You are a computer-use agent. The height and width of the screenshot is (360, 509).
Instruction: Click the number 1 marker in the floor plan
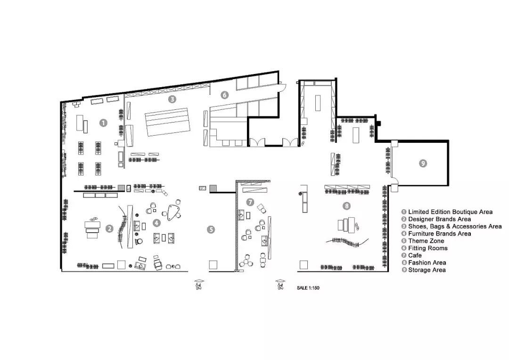pos(103,123)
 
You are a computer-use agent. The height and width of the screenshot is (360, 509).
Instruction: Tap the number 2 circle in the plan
pos(110,229)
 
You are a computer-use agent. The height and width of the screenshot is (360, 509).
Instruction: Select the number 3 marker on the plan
pos(172,99)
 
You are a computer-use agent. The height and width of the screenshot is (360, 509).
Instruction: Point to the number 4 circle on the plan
pos(157,223)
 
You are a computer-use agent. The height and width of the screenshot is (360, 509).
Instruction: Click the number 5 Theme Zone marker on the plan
pos(211,230)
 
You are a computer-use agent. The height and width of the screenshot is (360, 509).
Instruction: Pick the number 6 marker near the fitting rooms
pos(224,95)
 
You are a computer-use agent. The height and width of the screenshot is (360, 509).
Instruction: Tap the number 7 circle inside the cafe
pos(250,202)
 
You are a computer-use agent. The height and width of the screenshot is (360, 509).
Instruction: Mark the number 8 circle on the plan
pos(347,206)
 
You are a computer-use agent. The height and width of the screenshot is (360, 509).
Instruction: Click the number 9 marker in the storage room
pos(423,164)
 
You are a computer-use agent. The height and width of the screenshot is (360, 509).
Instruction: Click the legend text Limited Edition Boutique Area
pos(450,212)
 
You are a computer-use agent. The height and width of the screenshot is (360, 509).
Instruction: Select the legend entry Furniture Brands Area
pos(440,234)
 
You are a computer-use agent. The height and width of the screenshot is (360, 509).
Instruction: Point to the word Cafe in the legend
pos(415,255)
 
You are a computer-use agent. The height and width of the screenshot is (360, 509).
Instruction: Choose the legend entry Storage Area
pos(427,270)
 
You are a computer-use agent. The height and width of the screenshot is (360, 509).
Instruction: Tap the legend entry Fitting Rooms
pos(428,248)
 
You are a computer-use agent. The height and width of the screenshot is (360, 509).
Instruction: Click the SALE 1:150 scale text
pos(308,288)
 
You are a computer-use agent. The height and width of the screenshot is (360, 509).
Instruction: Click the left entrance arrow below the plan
pos(199,281)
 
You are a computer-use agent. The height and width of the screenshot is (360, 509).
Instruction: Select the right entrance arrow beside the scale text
pos(280,281)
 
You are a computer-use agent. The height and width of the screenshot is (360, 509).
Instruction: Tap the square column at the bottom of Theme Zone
pos(213,265)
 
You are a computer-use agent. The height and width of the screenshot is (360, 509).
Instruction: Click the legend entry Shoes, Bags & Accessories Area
pos(455,227)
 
